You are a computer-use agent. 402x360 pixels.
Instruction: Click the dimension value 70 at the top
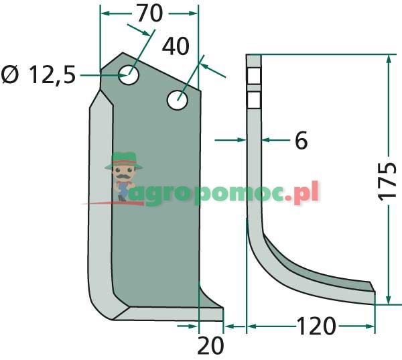point(149,13)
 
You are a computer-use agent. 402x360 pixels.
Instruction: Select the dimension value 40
point(176,47)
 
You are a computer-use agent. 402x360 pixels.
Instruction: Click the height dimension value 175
point(387,181)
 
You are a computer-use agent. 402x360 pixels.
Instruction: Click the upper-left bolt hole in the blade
point(129,74)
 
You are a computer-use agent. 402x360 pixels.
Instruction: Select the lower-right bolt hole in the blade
point(178,100)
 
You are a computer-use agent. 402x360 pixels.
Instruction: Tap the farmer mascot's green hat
point(123,160)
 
